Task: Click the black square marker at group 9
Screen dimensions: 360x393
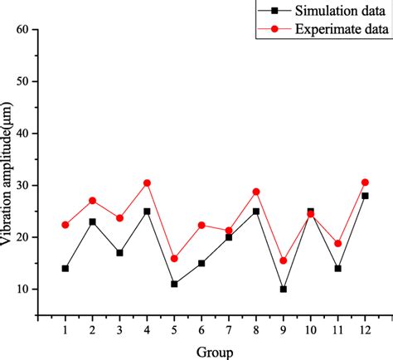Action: point(284,289)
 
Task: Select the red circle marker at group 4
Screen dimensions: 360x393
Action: point(147,182)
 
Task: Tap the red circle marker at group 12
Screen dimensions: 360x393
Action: point(365,182)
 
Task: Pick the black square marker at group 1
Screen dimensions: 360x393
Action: point(65,269)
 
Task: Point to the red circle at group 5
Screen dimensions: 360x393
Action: point(174,259)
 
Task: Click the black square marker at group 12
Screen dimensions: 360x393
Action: point(365,196)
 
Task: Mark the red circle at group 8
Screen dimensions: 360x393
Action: point(256,192)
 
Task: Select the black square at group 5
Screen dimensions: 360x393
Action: point(174,284)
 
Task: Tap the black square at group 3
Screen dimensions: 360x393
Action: point(119,253)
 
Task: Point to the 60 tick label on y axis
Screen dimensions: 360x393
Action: point(22,30)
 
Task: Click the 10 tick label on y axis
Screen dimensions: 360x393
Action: point(22,289)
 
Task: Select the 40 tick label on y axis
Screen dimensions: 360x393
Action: point(22,134)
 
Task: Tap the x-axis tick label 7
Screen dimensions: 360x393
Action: point(229,330)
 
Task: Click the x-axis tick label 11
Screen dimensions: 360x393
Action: point(337,330)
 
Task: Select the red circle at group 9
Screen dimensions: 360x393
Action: point(284,260)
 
